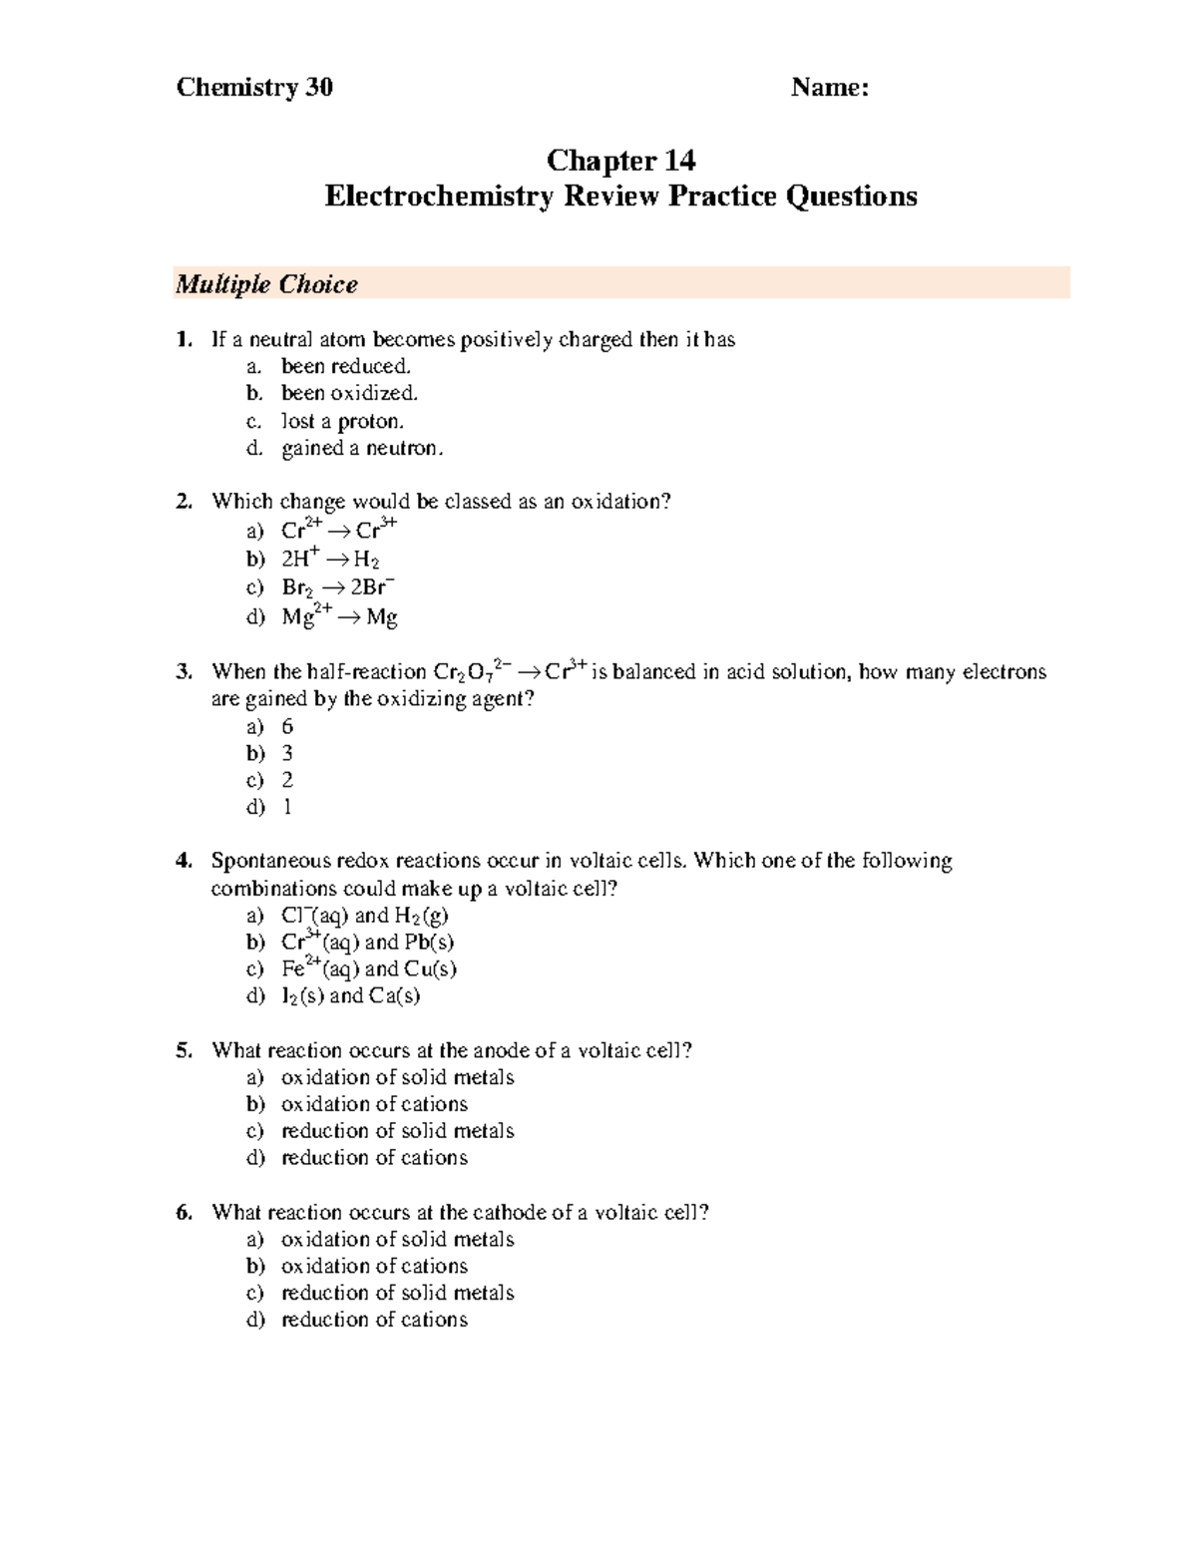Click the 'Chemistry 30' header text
click(254, 88)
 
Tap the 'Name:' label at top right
click(830, 88)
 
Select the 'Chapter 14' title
click(620, 161)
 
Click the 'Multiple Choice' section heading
click(266, 285)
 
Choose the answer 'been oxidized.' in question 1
click(342, 393)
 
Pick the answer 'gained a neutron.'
click(361, 448)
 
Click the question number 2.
click(183, 502)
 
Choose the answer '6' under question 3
click(287, 727)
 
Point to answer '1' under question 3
click(287, 807)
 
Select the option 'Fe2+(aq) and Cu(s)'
click(368, 968)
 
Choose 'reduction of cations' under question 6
click(374, 1320)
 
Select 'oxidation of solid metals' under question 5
click(397, 1077)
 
